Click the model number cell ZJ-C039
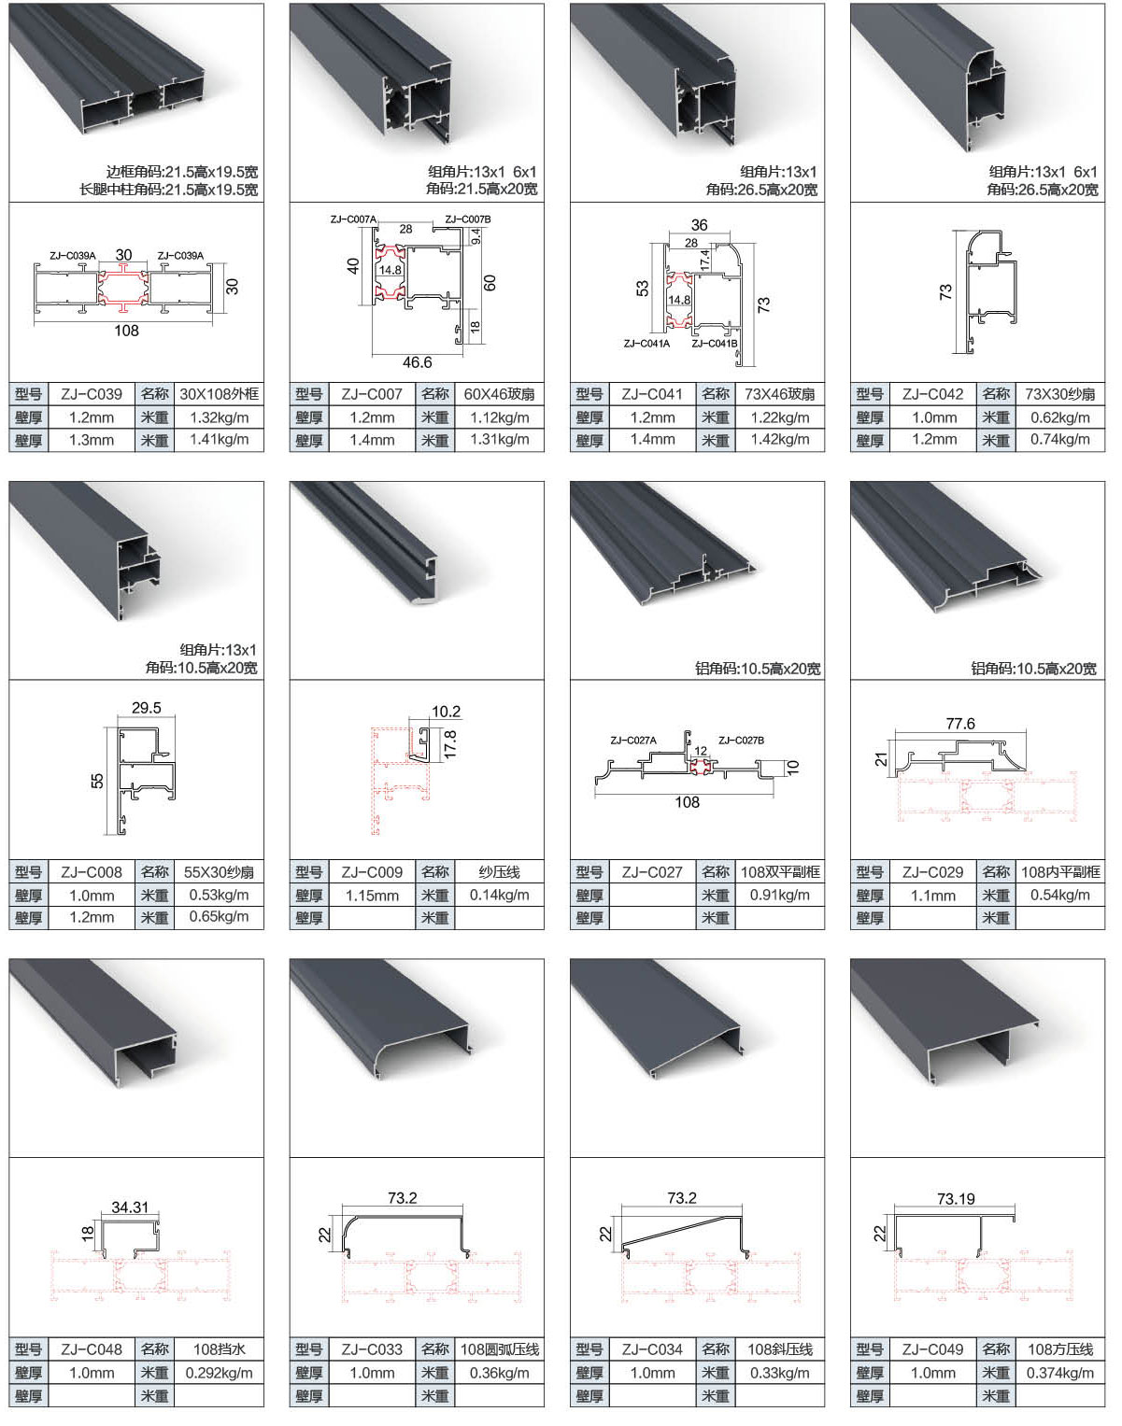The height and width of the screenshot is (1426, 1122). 92,394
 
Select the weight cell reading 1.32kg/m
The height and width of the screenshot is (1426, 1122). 219,417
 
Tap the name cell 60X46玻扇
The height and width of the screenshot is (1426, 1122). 499,394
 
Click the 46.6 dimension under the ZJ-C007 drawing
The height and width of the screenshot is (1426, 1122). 417,362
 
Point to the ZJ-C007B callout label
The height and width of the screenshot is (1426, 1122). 467,219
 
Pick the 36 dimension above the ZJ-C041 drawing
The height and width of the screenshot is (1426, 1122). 699,225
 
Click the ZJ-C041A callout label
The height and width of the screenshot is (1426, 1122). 646,344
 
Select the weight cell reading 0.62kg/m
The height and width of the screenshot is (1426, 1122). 1059,417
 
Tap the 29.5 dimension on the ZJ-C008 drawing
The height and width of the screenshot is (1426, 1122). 146,708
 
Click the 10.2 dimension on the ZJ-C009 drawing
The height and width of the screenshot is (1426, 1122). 446,712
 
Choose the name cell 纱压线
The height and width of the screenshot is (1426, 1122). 499,872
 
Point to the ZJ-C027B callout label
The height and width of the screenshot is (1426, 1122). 741,741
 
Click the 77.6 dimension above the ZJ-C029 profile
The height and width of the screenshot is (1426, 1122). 960,724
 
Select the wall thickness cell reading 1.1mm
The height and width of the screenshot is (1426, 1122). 933,896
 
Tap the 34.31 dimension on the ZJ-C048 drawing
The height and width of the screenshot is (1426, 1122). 130,1207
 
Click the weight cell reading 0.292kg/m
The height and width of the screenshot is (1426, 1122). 219,1373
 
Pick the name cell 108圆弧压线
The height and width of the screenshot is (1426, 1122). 499,1349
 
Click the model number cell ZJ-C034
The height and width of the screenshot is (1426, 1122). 652,1349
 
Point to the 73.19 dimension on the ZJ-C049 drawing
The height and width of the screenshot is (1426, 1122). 956,1199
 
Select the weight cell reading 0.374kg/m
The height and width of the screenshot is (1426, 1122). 1059,1373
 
